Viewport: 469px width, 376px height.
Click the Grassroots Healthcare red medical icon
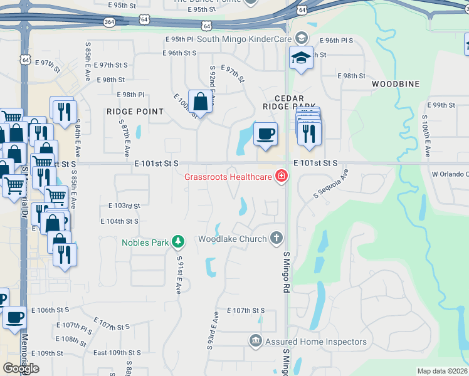282,175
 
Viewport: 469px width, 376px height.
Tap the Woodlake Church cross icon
277,238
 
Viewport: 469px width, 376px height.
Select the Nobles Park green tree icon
179,241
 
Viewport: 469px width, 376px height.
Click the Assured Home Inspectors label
315,342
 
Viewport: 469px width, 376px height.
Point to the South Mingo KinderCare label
245,39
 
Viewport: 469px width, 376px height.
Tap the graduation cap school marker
301,58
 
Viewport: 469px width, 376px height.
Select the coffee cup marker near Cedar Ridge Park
265,133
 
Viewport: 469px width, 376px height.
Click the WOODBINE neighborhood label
395,83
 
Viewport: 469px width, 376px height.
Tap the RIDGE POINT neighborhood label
135,112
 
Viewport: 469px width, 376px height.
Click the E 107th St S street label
246,311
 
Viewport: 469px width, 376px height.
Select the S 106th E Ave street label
426,136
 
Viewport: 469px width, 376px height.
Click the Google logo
21,368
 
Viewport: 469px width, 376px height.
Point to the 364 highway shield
110,21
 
